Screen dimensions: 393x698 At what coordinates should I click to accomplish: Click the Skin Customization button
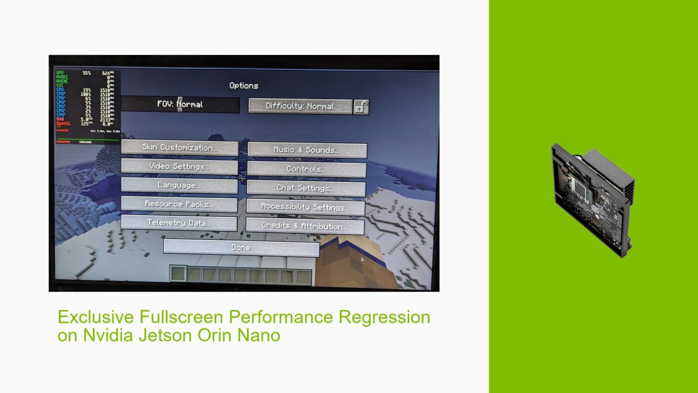(180, 148)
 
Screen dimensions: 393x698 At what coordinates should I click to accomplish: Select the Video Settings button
(179, 166)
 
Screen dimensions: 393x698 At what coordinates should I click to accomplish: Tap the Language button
(179, 186)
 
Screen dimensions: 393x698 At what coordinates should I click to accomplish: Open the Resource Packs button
(179, 204)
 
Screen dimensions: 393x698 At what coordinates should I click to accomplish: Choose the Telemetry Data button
(179, 223)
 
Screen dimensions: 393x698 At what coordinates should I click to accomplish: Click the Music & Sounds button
(307, 150)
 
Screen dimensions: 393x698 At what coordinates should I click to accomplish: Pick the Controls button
(306, 169)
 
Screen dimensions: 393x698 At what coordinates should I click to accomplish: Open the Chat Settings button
(306, 188)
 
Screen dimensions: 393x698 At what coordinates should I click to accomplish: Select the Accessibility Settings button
(305, 207)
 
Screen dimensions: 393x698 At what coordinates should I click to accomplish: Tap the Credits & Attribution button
(305, 226)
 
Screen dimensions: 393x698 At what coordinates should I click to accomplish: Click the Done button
(241, 248)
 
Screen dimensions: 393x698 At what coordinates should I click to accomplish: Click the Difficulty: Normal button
(300, 106)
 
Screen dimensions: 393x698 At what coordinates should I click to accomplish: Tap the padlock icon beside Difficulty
(361, 107)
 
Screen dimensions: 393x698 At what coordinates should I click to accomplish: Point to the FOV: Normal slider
(180, 104)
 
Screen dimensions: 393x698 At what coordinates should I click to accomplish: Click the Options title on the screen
(244, 86)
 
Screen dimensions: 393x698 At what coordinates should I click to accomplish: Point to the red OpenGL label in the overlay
(64, 123)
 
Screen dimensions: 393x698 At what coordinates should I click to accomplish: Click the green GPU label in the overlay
(60, 73)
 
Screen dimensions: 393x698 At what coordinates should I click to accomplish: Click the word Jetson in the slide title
(164, 336)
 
